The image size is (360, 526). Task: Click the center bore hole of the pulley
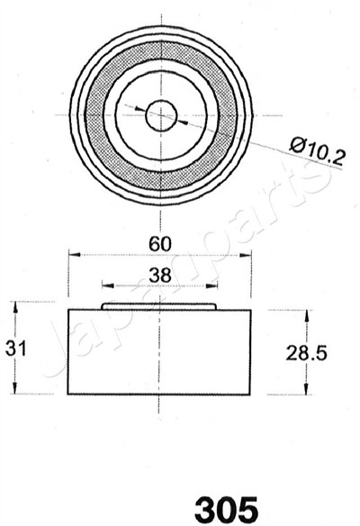[160, 113]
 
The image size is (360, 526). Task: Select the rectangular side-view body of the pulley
[160, 353]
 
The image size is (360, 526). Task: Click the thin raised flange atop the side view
[160, 306]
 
